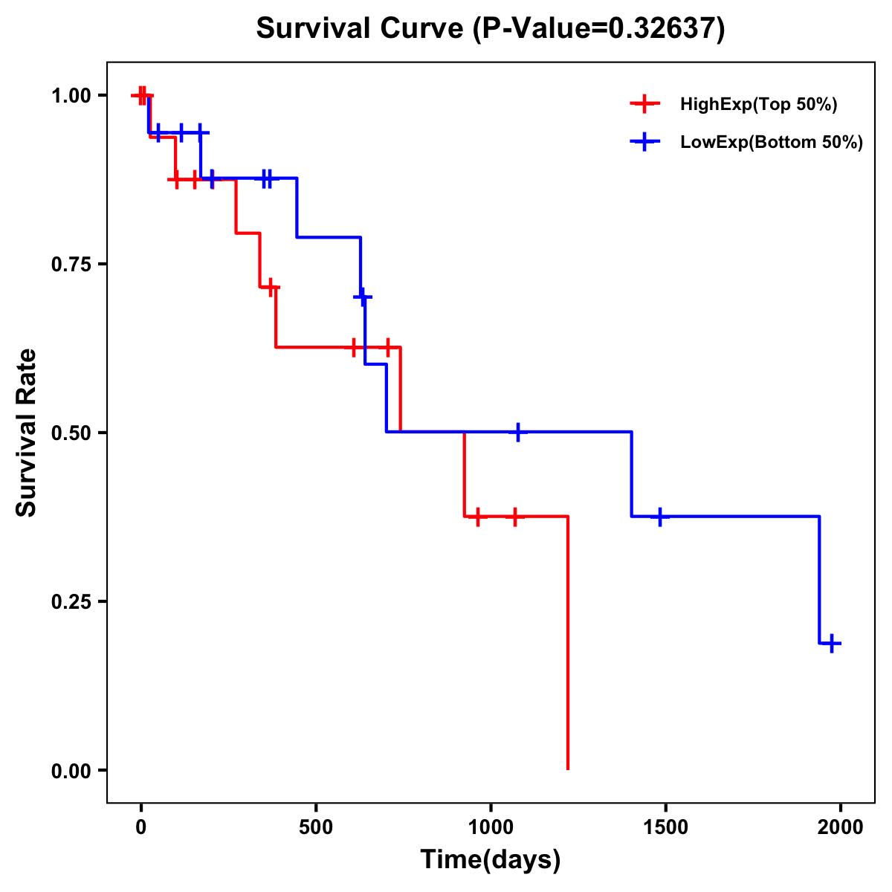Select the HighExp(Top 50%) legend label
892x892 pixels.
pyautogui.click(x=759, y=105)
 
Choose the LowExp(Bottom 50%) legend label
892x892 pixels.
pyautogui.click(x=772, y=143)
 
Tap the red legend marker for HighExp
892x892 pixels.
pyautogui.click(x=644, y=104)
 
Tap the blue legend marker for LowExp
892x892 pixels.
pyautogui.click(x=644, y=142)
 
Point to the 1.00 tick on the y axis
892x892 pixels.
pyautogui.click(x=71, y=95)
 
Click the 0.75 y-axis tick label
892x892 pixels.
pyautogui.click(x=71, y=264)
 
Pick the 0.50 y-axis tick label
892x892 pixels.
pyautogui.click(x=71, y=433)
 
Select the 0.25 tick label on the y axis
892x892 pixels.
pyautogui.click(x=71, y=601)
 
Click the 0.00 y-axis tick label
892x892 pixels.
pyautogui.click(x=71, y=770)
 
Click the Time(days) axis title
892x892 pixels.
pyautogui.click(x=491, y=860)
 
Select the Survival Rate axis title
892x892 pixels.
pyautogui.click(x=27, y=433)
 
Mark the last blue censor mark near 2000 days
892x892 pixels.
pyautogui.click(x=833, y=643)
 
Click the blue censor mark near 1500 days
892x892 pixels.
pyautogui.click(x=659, y=516)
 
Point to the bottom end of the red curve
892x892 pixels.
pyautogui.click(x=568, y=768)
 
